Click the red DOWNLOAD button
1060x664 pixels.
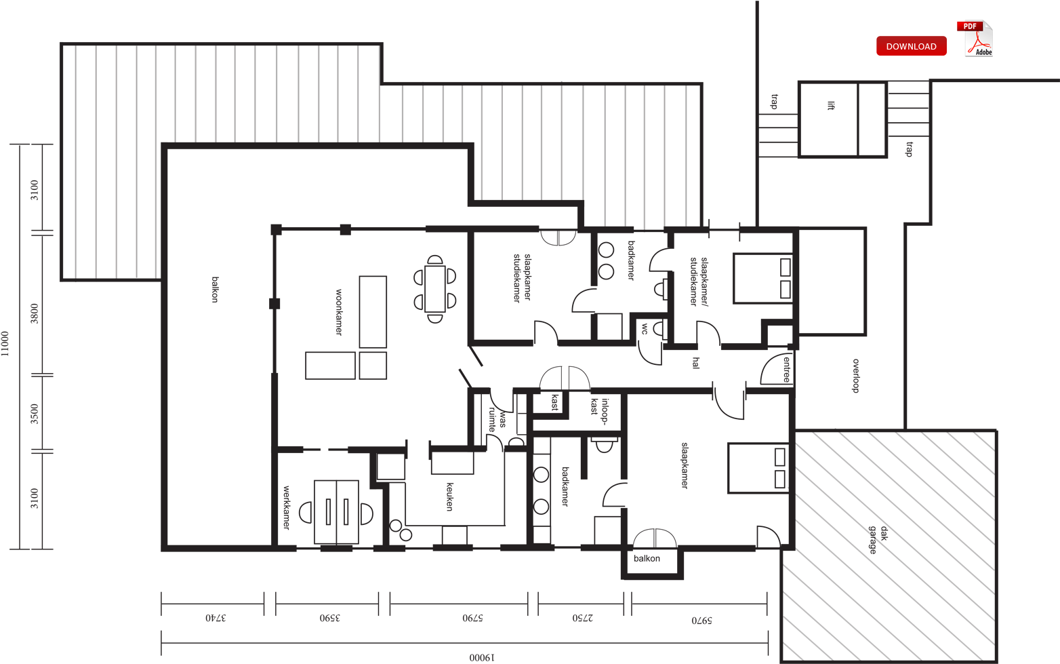(911, 46)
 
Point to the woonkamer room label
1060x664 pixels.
(339, 312)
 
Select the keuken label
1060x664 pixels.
(449, 496)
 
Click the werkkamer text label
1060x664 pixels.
(286, 507)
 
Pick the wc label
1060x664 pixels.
(645, 329)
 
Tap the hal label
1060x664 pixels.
(695, 363)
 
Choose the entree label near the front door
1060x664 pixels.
(786, 370)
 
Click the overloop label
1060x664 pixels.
(855, 376)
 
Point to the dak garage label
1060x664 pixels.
(878, 540)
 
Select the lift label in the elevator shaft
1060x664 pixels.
(831, 106)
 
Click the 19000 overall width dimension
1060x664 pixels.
(482, 657)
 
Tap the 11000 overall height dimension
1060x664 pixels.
(5, 343)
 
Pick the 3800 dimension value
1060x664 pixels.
(35, 313)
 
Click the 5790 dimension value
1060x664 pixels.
(472, 618)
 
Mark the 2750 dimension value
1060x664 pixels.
(582, 618)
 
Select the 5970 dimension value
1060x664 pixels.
(701, 620)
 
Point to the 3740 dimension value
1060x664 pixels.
(216, 618)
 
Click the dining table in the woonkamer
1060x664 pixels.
(435, 289)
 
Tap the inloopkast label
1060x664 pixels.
(600, 407)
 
